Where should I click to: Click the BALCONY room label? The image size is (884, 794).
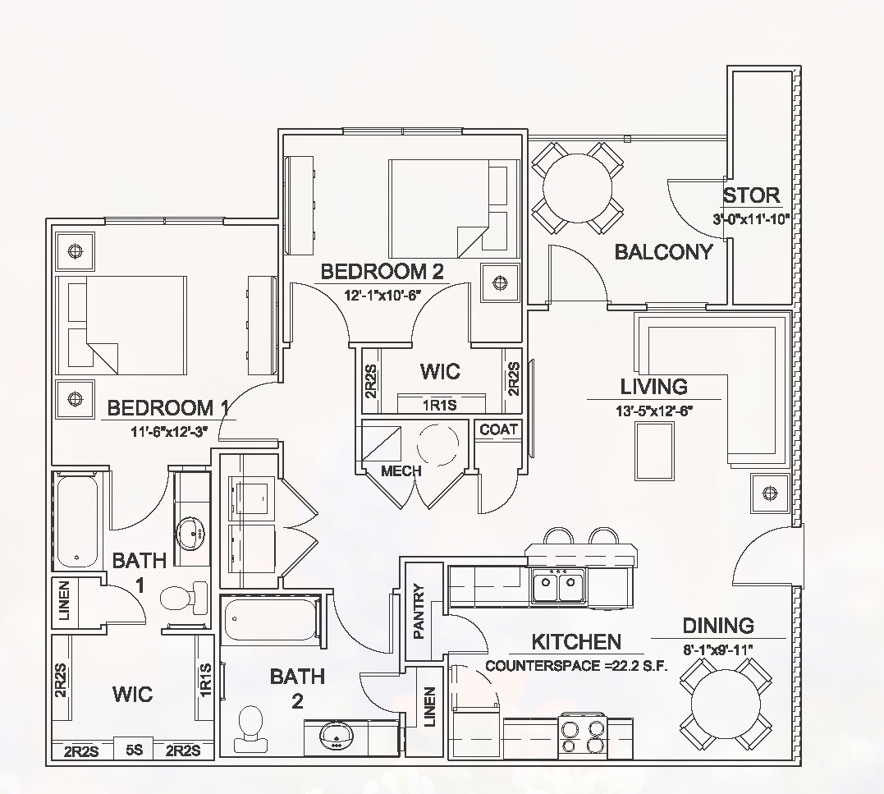pos(663,252)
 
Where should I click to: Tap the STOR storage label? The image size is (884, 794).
pos(751,195)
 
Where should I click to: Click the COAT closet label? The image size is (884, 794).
pos(499,429)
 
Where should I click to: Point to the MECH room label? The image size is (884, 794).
pos(401,471)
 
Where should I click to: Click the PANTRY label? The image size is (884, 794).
pos(419,611)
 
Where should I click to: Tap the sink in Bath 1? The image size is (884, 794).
pos(192,534)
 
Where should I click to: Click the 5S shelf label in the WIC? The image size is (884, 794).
pos(134,750)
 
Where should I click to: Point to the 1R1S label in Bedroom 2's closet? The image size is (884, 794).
pos(440,405)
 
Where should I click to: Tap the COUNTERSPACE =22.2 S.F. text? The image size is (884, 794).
pos(576,665)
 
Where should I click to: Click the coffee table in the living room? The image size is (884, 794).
pos(657,450)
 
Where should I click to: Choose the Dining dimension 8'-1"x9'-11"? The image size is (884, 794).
pos(718,649)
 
